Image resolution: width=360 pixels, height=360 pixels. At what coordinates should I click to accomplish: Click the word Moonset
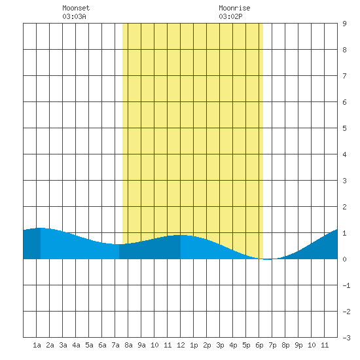point(76,8)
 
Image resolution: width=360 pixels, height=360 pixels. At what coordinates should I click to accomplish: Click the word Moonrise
point(234,8)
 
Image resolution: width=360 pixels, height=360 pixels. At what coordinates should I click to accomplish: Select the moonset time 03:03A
point(74,16)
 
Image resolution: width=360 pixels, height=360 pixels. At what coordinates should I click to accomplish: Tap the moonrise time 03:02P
point(230,16)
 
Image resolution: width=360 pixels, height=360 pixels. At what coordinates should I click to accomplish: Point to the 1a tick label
point(37,345)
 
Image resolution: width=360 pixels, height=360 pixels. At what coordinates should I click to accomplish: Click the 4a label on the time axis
point(76,345)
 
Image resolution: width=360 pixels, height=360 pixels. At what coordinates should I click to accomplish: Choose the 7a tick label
point(115,345)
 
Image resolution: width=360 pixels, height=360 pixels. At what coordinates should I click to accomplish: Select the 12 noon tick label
point(181,345)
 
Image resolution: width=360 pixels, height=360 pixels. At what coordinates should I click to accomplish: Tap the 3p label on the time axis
point(220,345)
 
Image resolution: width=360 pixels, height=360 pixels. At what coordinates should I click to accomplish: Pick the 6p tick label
point(259,345)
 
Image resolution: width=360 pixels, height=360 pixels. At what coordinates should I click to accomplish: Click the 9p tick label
point(298,345)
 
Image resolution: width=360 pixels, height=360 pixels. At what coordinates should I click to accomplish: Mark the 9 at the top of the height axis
point(344,24)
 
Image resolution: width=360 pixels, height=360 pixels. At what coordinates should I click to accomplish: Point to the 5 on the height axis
point(344,128)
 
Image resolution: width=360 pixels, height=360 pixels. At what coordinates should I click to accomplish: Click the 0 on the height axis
point(344,259)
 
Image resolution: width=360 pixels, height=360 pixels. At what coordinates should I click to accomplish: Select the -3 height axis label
point(346,338)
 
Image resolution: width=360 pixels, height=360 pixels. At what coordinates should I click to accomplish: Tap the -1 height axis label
point(346,285)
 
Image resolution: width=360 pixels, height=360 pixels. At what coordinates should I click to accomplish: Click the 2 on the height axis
point(344,207)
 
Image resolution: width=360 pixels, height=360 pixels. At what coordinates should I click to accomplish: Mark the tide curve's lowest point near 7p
point(268,259)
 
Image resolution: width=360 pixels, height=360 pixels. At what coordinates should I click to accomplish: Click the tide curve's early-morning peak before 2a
point(41,228)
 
